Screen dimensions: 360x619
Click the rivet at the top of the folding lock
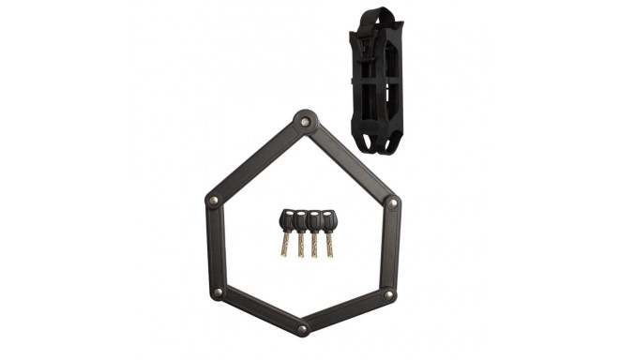pos(302,121)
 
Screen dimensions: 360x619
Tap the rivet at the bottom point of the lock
pos(302,329)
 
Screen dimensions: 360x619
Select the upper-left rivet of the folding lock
pos(214,201)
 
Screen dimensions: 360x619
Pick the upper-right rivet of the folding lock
pos(392,202)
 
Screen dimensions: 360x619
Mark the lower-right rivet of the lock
pos(388,295)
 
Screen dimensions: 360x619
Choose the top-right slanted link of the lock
pos(348,161)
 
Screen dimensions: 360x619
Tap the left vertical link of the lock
pos(215,247)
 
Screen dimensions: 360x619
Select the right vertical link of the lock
pos(390,248)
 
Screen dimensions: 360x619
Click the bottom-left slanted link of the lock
pos(259,312)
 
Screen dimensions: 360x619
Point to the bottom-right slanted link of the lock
pos(346,312)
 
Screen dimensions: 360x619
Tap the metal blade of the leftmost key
pos(286,246)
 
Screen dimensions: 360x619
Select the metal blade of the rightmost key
pos(327,246)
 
